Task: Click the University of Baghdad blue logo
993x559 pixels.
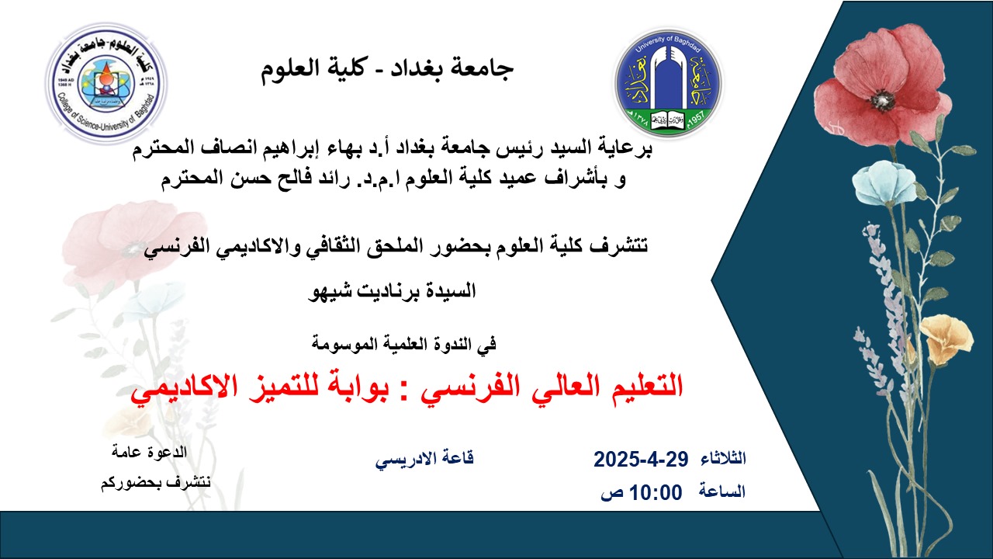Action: [x=669, y=82]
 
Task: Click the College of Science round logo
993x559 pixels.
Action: [x=106, y=83]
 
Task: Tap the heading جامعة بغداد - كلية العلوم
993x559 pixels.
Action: [x=386, y=69]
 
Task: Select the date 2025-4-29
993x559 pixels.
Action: [x=641, y=459]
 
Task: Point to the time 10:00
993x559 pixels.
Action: [x=656, y=492]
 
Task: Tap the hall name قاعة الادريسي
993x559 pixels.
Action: [x=424, y=459]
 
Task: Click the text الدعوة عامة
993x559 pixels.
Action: [x=150, y=453]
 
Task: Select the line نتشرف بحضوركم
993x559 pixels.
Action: [x=156, y=483]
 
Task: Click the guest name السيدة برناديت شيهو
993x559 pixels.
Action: [x=393, y=292]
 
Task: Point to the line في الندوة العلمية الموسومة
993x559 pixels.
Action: [x=404, y=344]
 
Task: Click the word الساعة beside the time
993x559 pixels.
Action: [x=722, y=491]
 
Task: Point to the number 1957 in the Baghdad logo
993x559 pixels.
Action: [x=697, y=119]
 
